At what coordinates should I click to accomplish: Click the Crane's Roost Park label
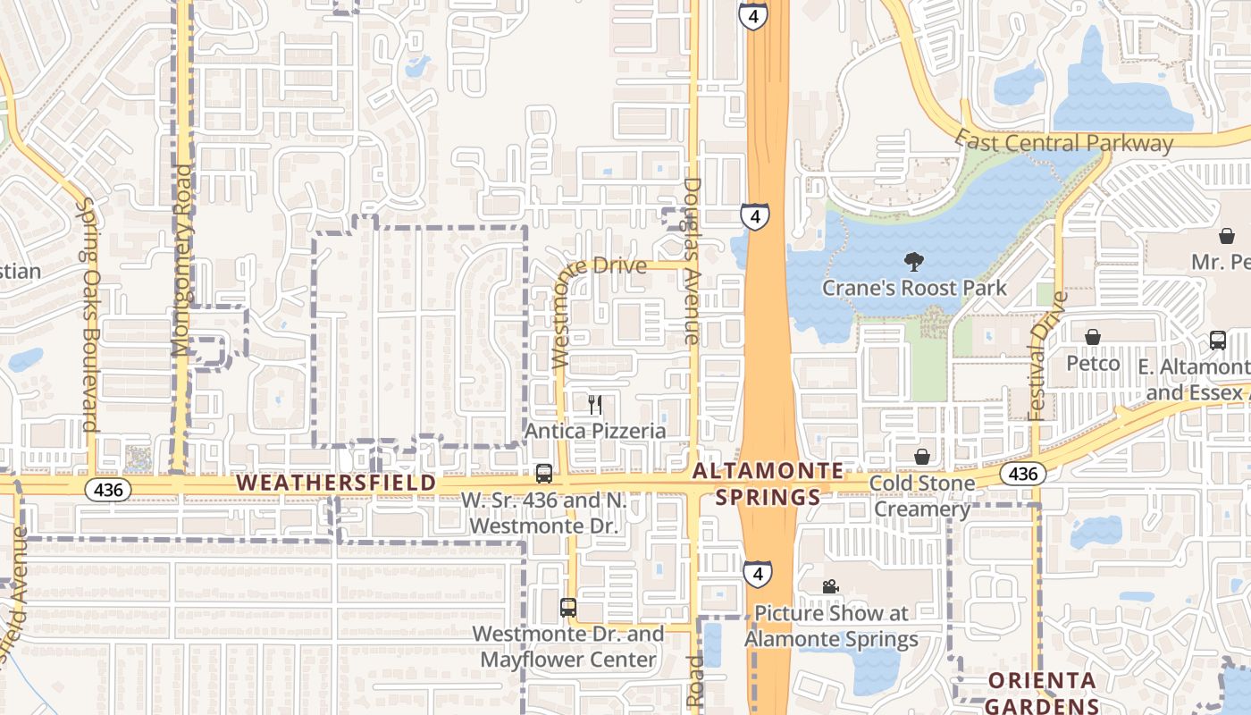coord(914,288)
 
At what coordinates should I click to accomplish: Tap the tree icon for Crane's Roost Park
coord(913,262)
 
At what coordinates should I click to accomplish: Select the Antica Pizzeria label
coord(595,431)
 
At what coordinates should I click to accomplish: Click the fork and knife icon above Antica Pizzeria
coord(595,405)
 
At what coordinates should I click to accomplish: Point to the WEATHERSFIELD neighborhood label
coord(336,483)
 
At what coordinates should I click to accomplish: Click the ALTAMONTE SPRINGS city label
coord(768,484)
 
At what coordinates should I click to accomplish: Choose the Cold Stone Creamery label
coord(922,496)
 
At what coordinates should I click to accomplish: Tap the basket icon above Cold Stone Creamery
coord(922,458)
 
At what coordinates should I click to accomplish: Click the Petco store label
coord(1093,364)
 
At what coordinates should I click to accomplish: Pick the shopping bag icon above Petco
coord(1092,337)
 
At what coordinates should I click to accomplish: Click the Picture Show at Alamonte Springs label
coord(831,626)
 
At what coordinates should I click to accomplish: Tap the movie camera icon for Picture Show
coord(831,586)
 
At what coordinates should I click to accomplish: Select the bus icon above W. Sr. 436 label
coord(543,473)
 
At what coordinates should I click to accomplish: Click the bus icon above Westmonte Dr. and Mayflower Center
coord(568,608)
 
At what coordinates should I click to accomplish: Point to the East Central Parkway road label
coord(1063,142)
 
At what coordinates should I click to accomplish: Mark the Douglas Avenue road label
coord(692,261)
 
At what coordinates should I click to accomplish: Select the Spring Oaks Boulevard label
coord(88,315)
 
